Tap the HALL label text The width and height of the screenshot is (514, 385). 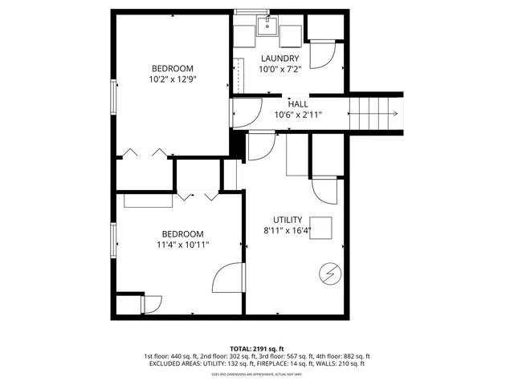[298, 103]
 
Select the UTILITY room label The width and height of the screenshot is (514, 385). [287, 220]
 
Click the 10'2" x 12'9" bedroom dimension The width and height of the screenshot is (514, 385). [172, 79]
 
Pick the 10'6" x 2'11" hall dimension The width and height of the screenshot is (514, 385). [298, 115]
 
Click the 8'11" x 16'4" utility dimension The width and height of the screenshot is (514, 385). [287, 231]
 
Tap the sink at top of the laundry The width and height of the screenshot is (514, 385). [267, 26]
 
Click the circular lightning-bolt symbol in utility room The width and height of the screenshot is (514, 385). [329, 274]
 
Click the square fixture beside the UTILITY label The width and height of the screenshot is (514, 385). [323, 225]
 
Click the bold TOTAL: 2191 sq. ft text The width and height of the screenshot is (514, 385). [257, 349]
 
